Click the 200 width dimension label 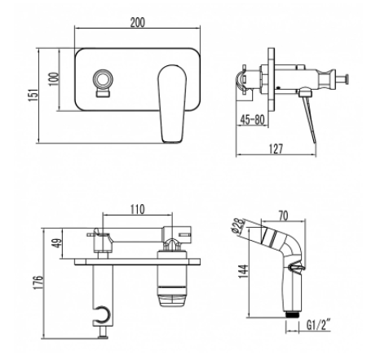pos(138,22)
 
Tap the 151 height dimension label pos(33,95)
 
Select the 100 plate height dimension pos(54,79)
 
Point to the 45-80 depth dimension pos(252,119)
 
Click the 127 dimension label pos(276,149)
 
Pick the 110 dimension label pos(138,210)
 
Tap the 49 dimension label pos(57,243)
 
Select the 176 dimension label pos(38,282)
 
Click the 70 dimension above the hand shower pos(283,216)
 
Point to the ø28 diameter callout pos(238,226)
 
